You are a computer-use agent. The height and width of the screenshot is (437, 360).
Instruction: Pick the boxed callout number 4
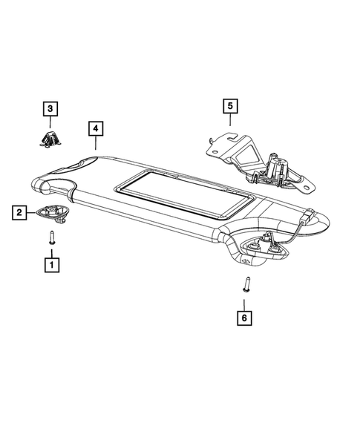coord(94,128)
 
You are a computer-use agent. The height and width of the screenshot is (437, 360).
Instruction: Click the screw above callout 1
coord(52,237)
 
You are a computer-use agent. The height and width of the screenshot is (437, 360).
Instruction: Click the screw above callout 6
coord(245,285)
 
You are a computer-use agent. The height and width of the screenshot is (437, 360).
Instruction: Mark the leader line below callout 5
coord(229,125)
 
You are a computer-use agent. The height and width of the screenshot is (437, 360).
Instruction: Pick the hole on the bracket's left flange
coord(215,150)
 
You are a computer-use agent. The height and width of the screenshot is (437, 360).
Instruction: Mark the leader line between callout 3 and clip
coord(50,123)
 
